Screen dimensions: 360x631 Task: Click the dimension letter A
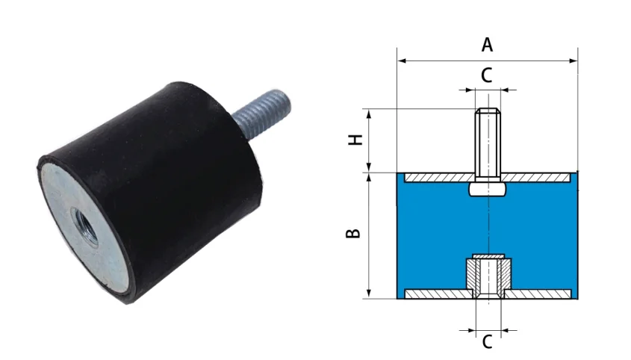487,45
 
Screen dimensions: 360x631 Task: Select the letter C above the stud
486,75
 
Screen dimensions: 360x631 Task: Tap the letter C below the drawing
487,342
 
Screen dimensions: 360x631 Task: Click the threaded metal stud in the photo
257,106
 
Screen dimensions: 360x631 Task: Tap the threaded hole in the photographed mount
82,221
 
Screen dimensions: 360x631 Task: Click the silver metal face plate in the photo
63,202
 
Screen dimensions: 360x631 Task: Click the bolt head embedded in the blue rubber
488,190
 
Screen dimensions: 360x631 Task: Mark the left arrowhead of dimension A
400,60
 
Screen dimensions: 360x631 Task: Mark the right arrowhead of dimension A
575,60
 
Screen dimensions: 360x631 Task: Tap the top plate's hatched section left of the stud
437,179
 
